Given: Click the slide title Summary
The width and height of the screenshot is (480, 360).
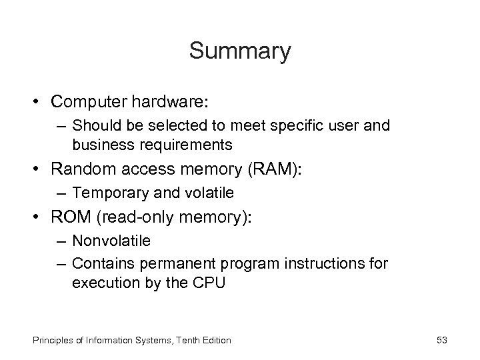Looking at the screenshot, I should pos(240,51).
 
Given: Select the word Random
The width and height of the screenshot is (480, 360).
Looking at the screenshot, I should pos(82,169).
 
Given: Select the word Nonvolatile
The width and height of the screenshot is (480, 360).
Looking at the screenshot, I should pos(111,240).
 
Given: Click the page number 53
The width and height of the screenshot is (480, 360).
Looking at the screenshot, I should pos(441,341).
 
